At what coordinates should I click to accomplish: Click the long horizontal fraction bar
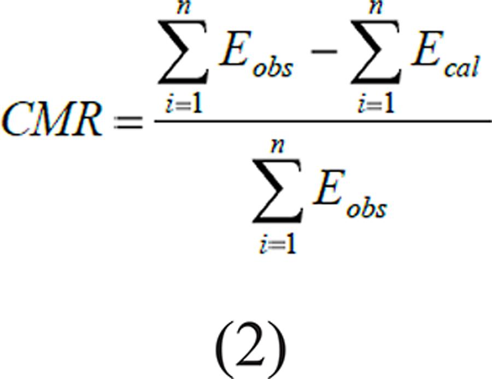click(x=323, y=120)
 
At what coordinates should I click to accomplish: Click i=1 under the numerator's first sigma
click(x=185, y=104)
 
